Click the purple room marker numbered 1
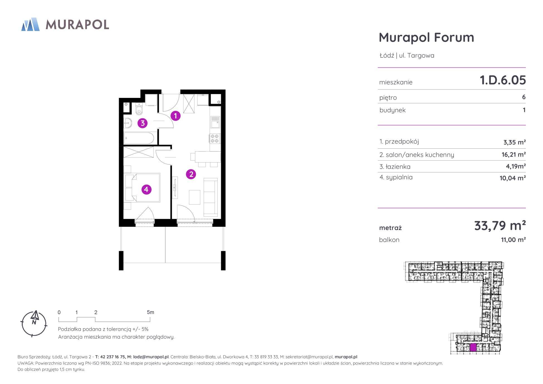[176, 116]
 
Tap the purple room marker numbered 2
[191, 174]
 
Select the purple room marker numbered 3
[143, 123]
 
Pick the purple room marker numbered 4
[147, 190]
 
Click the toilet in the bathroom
[139, 109]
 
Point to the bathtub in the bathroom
[139, 138]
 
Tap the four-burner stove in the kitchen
[215, 139]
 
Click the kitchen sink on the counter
[215, 122]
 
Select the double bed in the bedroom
[143, 187]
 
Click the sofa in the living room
[211, 197]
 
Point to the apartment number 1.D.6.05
[503, 80]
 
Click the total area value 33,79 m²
[500, 225]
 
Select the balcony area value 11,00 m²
[513, 240]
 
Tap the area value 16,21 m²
[514, 154]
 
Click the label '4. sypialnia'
[396, 177]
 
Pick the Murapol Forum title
[426, 37]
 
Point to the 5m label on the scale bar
[150, 312]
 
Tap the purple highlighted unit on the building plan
[473, 347]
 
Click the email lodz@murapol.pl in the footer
[151, 357]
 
